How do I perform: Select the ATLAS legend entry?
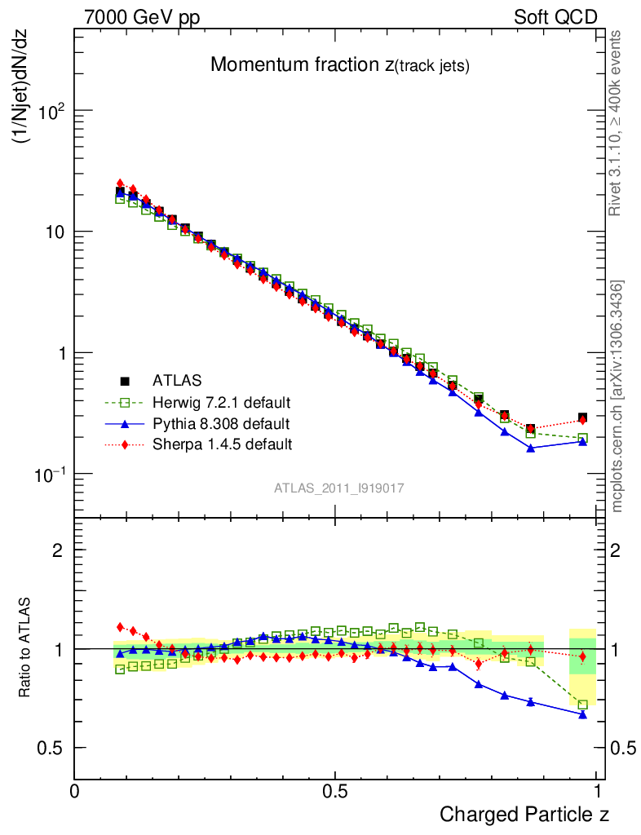coord(175,380)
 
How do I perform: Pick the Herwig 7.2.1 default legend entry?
coord(221,402)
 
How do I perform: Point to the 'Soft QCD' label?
coord(555,17)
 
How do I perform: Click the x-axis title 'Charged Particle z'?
coord(524,814)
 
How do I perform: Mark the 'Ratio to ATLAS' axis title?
coord(24,647)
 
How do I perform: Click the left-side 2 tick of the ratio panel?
coord(59,550)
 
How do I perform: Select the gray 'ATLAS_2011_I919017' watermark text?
coord(339,488)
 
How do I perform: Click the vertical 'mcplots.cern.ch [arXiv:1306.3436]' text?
coord(617,396)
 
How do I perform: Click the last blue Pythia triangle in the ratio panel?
coord(582,714)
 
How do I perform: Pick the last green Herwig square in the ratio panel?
coord(582,705)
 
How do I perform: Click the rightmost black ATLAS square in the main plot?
coord(582,417)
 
